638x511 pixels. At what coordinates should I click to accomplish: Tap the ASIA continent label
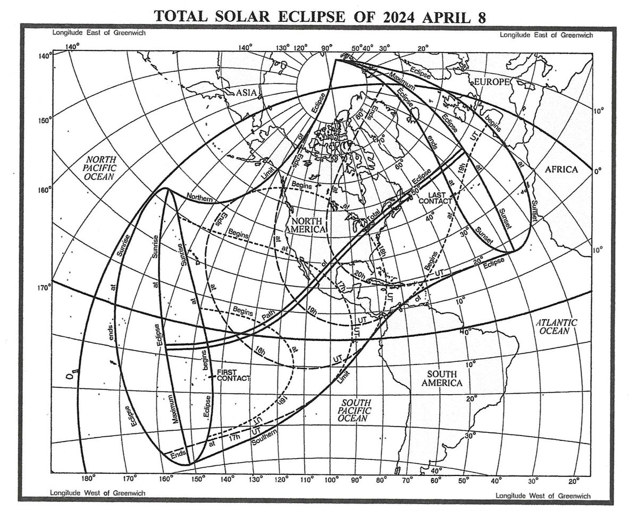[x=247, y=93]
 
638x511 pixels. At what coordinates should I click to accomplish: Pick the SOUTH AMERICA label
[x=441, y=378]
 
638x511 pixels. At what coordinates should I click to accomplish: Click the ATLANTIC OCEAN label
[x=556, y=326]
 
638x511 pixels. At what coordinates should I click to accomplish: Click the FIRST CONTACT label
[x=233, y=374]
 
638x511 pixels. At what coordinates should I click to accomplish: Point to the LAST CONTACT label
[x=435, y=197]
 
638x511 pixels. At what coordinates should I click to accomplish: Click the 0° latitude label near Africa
[x=597, y=172]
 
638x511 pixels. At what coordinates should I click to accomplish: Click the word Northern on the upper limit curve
[x=199, y=198]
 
